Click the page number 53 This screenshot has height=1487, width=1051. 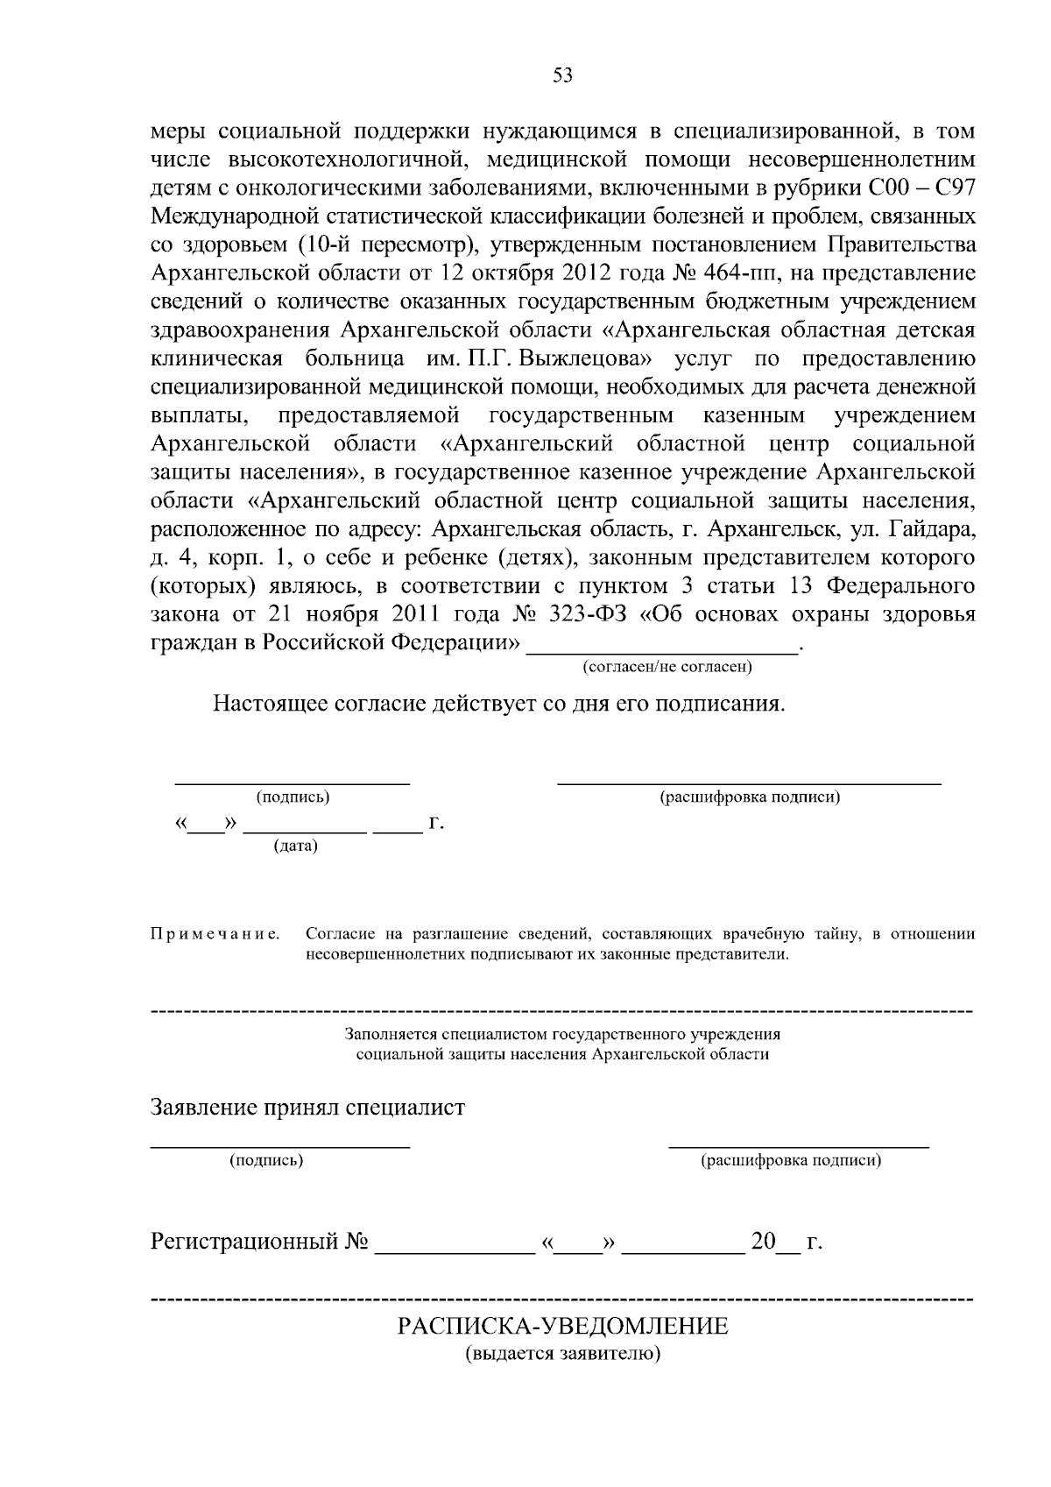(562, 76)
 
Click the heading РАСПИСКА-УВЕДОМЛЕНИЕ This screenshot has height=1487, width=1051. (563, 1326)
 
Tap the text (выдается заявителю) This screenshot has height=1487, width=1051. (562, 1354)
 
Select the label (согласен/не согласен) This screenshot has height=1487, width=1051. (667, 667)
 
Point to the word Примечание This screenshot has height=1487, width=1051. (215, 934)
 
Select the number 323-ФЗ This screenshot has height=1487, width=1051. (591, 614)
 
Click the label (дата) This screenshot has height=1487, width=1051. (295, 846)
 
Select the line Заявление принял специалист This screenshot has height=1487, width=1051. (307, 1108)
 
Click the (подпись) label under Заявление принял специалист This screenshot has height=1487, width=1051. (266, 1161)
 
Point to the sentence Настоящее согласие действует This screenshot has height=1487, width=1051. (498, 705)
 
